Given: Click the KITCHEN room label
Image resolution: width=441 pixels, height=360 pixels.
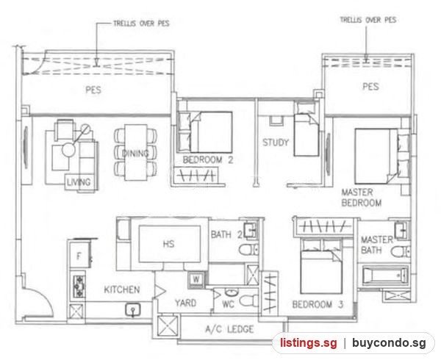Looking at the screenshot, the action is click(x=122, y=289).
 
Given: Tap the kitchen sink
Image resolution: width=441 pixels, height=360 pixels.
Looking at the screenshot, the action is click(x=133, y=309).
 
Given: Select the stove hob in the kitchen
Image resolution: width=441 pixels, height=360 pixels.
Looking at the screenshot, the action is click(x=79, y=287).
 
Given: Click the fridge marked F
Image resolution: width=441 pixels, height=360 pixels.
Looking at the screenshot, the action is click(x=79, y=256).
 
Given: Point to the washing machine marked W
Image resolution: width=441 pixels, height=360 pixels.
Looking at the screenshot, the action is click(x=196, y=279).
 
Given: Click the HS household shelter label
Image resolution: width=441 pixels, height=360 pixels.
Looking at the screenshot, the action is click(x=168, y=244).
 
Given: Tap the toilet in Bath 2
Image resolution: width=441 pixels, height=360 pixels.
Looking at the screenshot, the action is click(x=248, y=250).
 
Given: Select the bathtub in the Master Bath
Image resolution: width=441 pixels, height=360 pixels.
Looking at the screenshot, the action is click(x=384, y=276).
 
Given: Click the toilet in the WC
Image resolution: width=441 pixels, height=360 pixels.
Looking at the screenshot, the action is click(x=248, y=301).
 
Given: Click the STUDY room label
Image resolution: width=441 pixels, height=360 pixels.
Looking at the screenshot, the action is click(x=276, y=143).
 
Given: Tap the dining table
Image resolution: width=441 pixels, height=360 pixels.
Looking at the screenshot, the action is click(x=136, y=152).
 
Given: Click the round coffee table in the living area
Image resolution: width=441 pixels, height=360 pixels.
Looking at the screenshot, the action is click(x=68, y=150).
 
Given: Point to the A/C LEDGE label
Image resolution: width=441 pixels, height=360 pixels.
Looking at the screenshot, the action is click(x=229, y=329).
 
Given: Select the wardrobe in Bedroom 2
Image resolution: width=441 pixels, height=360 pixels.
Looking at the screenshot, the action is click(x=196, y=176).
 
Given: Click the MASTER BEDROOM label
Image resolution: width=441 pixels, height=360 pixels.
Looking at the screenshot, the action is click(x=362, y=198).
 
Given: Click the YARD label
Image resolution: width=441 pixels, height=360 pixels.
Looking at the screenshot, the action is click(x=185, y=303).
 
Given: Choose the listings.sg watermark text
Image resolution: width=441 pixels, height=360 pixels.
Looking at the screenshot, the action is click(x=308, y=343).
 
